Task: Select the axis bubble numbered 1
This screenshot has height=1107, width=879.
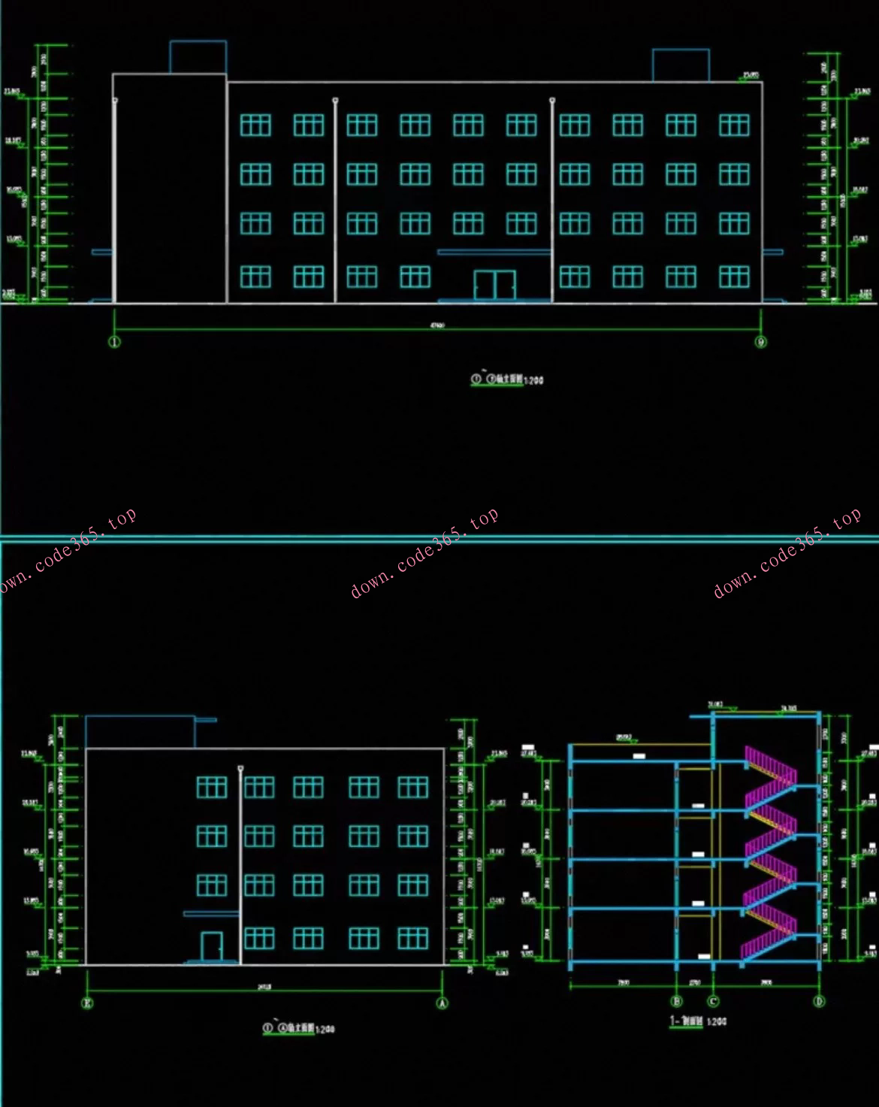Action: click(x=114, y=342)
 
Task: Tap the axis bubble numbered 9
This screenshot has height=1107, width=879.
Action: click(x=761, y=342)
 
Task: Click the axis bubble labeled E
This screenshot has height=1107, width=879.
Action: click(x=87, y=1003)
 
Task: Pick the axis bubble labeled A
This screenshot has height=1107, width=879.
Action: click(x=443, y=1003)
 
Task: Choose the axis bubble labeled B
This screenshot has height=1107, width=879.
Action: click(x=676, y=1001)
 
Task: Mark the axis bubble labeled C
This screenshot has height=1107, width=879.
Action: click(x=713, y=1001)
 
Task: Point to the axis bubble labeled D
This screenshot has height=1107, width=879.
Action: click(x=819, y=1001)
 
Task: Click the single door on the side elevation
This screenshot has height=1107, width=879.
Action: click(x=212, y=947)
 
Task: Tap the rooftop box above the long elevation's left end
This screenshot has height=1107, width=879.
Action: click(x=198, y=57)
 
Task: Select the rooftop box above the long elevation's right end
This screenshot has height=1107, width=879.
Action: click(x=681, y=65)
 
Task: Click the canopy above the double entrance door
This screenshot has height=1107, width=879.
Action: click(x=494, y=253)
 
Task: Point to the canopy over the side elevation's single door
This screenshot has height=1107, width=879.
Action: click(x=211, y=914)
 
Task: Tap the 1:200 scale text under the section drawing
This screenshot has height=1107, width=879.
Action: click(x=717, y=1022)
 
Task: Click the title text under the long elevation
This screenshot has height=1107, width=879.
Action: click(x=507, y=380)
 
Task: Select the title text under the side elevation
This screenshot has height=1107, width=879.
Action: click(x=298, y=1028)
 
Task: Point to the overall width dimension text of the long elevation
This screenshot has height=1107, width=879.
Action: click(x=437, y=325)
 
